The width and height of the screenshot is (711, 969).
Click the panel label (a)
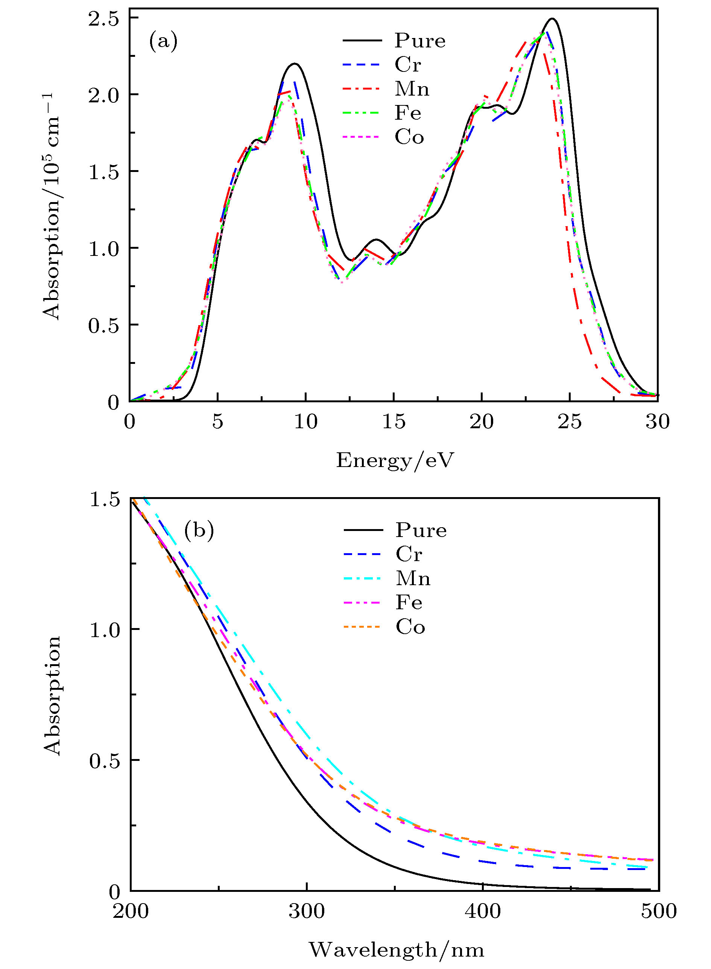pos(163,42)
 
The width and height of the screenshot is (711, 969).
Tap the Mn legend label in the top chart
pos(412,89)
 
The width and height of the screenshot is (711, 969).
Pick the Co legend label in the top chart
pos(409,137)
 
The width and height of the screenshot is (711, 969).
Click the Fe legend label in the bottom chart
pos(409,602)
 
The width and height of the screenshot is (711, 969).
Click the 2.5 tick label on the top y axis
pos(103,19)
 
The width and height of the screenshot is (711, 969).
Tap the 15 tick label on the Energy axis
pos(394,422)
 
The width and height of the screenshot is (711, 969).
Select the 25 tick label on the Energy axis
pos(570,422)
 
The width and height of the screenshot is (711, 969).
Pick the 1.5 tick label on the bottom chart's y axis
pos(104,500)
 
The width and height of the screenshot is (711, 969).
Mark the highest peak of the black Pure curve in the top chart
pos(552,19)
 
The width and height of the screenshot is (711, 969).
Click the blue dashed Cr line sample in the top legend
pos(362,65)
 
